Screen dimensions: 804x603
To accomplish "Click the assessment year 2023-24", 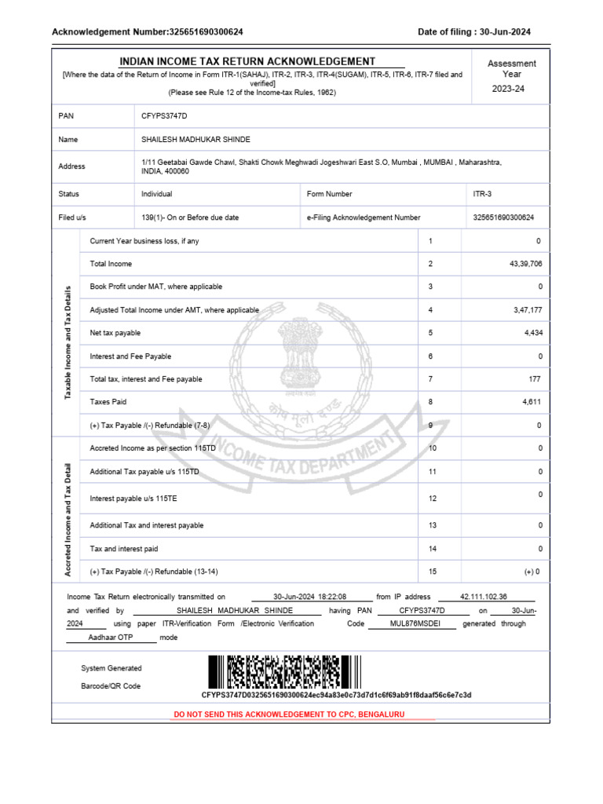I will (508, 89).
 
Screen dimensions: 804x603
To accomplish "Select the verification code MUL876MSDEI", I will (415, 623).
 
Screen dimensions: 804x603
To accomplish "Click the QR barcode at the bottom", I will (284, 672).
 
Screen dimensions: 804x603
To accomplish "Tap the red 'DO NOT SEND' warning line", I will (303, 714).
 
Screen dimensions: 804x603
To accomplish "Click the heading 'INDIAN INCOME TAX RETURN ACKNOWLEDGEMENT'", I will (247, 61).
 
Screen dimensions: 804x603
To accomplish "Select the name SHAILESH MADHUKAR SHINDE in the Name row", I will (196, 139).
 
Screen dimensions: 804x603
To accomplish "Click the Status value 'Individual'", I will (157, 194).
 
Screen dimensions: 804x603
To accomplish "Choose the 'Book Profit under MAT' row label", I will (156, 287).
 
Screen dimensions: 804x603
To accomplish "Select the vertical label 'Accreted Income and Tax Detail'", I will (68, 520).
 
